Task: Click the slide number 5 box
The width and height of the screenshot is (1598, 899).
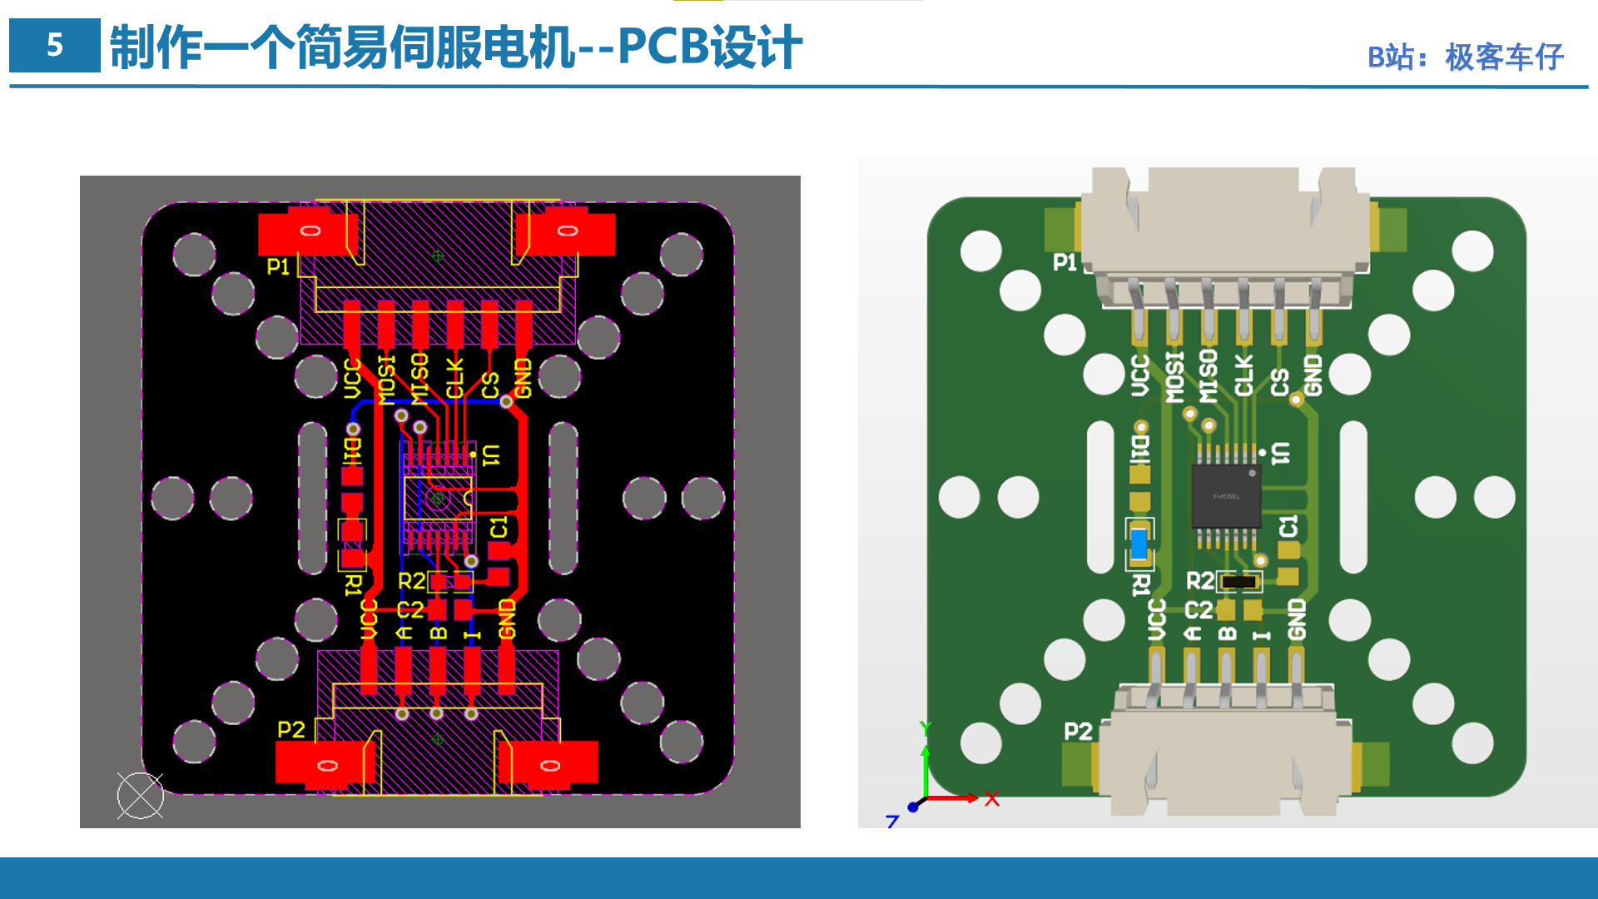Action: [54, 45]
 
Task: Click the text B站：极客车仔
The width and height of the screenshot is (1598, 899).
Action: [1465, 57]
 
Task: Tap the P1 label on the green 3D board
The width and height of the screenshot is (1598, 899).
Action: [1065, 262]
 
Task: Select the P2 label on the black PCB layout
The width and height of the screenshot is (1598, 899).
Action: [290, 729]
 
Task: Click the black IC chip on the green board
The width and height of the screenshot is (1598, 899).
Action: [1226, 496]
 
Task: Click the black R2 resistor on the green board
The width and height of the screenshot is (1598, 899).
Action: [1239, 581]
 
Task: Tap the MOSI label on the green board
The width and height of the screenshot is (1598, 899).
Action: [1174, 377]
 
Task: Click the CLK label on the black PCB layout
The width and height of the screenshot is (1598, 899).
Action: [454, 378]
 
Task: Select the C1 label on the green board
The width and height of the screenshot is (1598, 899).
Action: [1288, 526]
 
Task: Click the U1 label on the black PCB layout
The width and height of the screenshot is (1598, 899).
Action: [492, 454]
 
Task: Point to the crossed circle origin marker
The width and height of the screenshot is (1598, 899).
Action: [140, 796]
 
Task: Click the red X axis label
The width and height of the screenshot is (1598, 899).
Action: [991, 799]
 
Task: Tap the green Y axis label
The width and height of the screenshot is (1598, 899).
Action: [926, 729]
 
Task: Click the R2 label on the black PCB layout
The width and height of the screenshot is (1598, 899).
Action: [411, 580]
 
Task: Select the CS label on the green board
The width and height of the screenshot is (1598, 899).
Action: [1280, 382]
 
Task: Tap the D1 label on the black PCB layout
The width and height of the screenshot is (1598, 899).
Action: [353, 450]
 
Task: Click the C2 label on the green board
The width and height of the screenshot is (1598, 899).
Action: [1198, 610]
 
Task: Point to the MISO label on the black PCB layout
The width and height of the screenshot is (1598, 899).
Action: [419, 378]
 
